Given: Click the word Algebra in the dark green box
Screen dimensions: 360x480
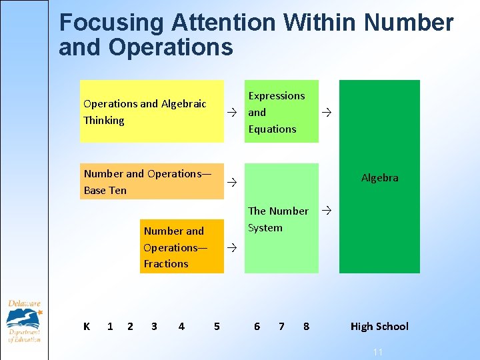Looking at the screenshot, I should tap(379, 178).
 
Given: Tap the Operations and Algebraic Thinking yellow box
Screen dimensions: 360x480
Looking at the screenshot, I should tap(151, 111).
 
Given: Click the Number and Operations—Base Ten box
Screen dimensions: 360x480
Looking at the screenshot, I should tap(151, 181).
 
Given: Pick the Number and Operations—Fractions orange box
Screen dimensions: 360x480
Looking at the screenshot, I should tap(181, 247).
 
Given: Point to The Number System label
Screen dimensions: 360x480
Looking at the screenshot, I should tap(278, 219).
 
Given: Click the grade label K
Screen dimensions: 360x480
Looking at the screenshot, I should tap(87, 326).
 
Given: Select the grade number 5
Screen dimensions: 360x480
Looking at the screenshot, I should tap(217, 326).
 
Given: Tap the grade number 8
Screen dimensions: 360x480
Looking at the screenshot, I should tap(306, 326).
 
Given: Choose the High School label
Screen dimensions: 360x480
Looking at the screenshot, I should tap(379, 326).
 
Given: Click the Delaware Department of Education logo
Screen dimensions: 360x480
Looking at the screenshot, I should tap(24, 321).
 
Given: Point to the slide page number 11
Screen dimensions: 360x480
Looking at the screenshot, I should tap(377, 351).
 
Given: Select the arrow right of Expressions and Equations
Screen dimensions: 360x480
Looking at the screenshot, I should tap(326, 112).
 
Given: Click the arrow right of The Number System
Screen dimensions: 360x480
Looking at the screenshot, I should tap(326, 211).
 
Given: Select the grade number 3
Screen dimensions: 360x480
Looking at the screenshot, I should tap(154, 326).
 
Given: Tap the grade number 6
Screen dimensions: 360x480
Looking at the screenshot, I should tap(257, 326).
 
